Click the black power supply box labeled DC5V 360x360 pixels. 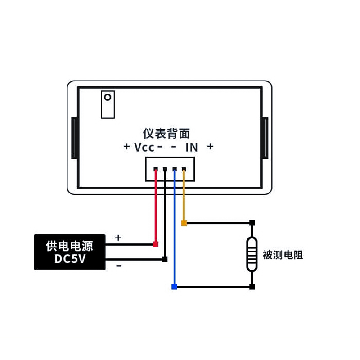70,252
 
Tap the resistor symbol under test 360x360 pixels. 252,255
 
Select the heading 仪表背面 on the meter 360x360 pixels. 166,133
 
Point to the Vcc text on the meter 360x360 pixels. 144,147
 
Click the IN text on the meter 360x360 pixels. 192,147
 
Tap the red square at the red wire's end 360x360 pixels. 156,244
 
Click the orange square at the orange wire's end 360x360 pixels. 184,223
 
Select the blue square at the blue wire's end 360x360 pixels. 175,287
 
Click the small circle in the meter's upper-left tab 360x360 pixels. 108,97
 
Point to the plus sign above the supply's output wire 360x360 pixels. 118,238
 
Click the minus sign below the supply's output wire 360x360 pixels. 118,266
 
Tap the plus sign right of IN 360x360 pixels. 210,147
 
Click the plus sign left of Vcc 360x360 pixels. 126,147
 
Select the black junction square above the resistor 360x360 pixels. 252,223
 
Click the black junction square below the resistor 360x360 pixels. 252,287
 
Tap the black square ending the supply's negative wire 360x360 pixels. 165,259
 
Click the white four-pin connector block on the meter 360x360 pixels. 170,169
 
